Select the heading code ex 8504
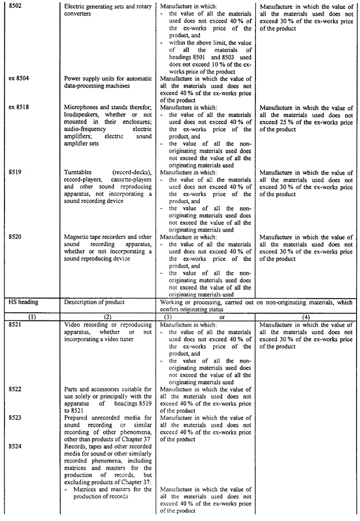click(x=19, y=79)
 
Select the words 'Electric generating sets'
click(x=97, y=7)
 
